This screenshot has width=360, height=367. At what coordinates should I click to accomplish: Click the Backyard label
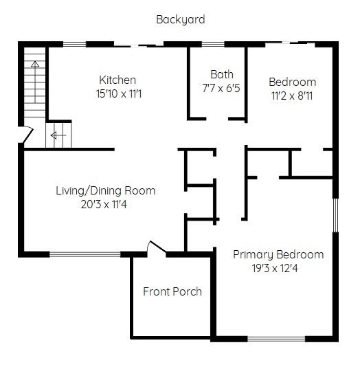click(181, 20)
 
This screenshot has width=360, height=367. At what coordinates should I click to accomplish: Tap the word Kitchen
click(117, 80)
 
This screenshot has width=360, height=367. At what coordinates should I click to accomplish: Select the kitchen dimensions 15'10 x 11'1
click(119, 94)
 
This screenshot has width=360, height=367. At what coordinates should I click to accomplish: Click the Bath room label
click(222, 74)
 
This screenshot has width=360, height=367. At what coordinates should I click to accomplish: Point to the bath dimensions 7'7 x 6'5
click(221, 88)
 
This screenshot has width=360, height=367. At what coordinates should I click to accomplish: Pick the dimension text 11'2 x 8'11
click(292, 96)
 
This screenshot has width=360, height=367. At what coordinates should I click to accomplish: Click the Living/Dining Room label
click(106, 191)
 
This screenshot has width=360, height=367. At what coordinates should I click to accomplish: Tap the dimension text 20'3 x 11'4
click(104, 205)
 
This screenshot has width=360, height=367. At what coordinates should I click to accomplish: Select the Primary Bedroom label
click(278, 255)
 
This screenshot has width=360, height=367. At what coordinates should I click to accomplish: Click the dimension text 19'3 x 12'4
click(275, 268)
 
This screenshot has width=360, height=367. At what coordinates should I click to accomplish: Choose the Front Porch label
click(172, 291)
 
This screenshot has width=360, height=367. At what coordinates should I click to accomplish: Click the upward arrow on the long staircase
click(35, 82)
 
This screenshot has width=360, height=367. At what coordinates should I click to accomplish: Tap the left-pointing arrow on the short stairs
click(58, 135)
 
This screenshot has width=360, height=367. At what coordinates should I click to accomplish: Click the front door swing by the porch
click(156, 247)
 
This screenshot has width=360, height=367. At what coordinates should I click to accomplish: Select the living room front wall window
click(85, 254)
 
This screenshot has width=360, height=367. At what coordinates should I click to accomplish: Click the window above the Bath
click(213, 44)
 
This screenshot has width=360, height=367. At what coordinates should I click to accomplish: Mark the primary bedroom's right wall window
click(335, 215)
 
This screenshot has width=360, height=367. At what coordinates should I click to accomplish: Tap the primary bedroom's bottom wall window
click(276, 339)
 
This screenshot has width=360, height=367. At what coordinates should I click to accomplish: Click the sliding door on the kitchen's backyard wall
click(139, 45)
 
